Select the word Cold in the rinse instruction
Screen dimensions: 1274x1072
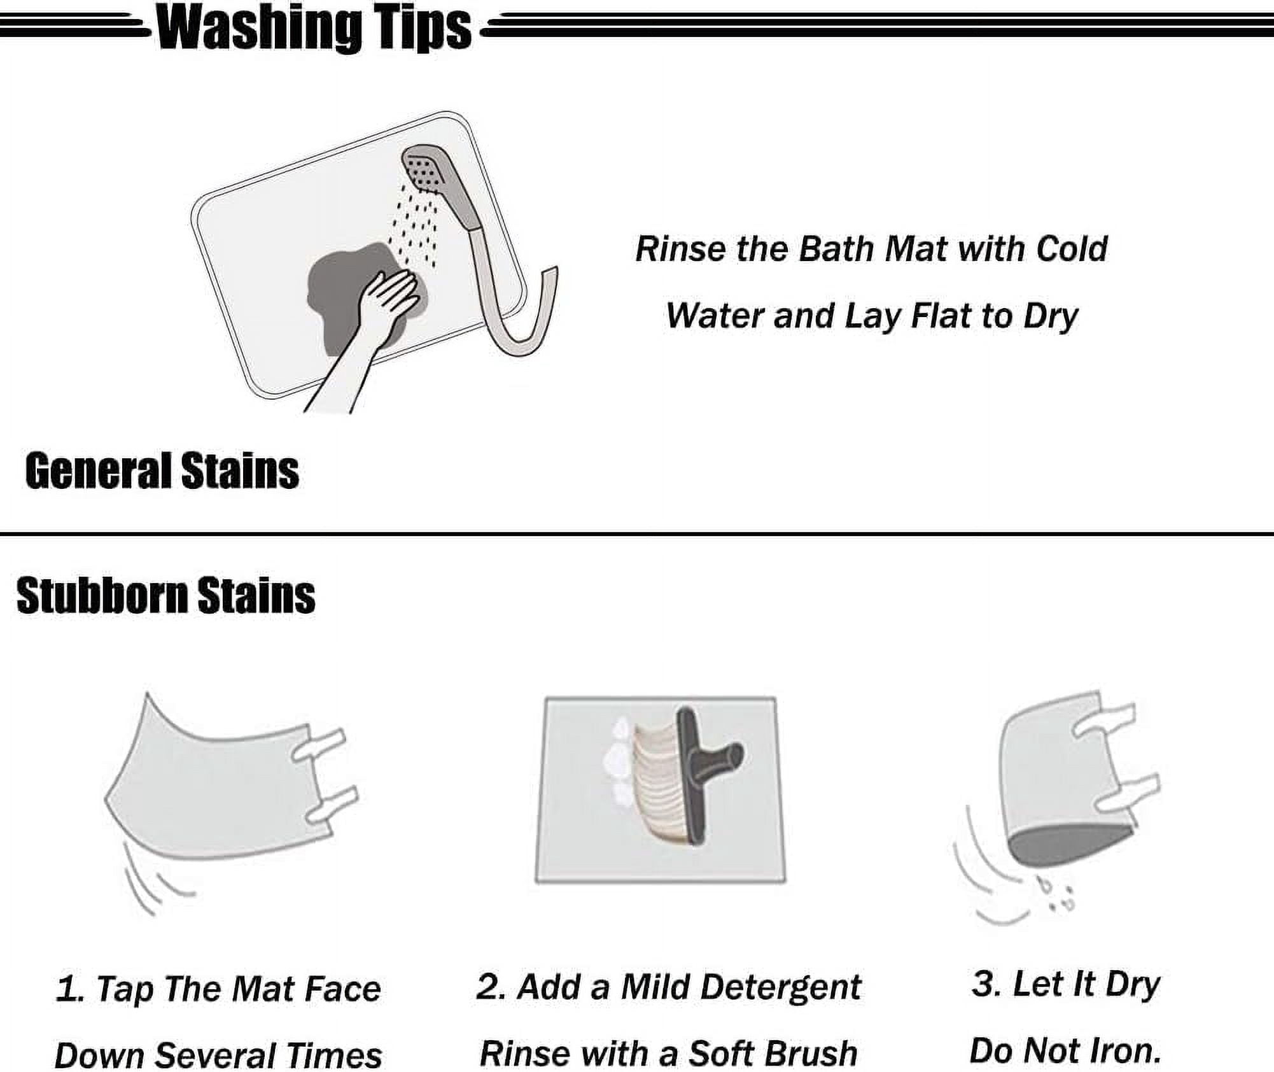[1072, 249]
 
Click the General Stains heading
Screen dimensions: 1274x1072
[162, 471]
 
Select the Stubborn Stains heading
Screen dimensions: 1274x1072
[165, 595]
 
